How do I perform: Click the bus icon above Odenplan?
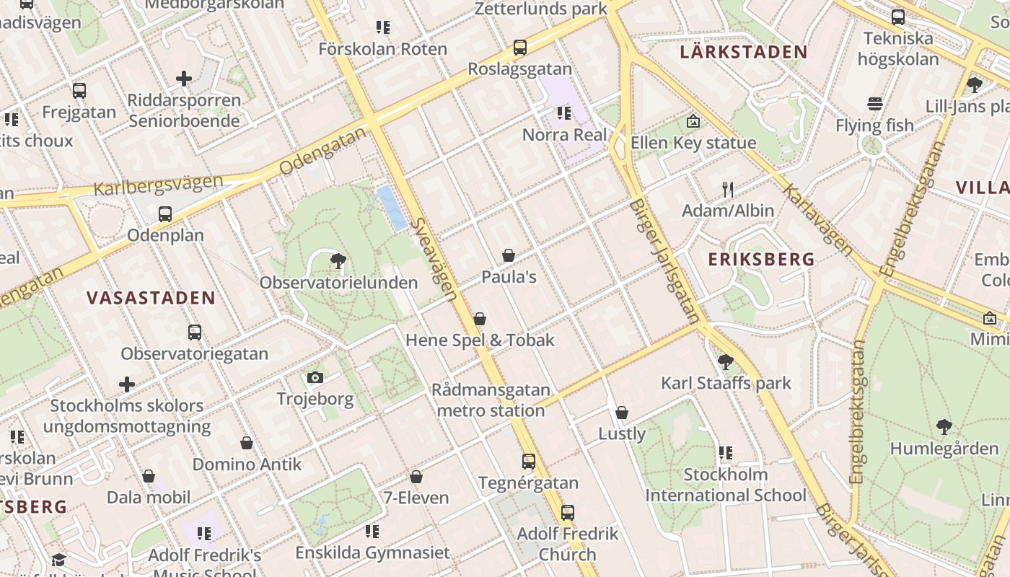pos(165,214)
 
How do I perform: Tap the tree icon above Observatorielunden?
pos(337,261)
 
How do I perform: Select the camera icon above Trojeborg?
pos(315,377)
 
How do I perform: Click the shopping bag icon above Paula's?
pos(509,255)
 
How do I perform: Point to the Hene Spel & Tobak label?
pos(480,340)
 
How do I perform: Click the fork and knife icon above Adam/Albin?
pos(728,190)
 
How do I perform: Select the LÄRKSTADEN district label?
pos(744,52)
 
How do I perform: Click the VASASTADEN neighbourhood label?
pos(151,298)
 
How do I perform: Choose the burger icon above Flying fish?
pos(875,104)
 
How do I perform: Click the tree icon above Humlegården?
pos(944,427)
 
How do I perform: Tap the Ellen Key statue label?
pos(693,143)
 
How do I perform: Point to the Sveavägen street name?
pos(435,259)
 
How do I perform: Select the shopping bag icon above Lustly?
pos(622,413)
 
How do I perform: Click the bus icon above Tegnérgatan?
pos(529,462)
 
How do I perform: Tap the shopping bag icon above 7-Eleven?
pos(416,477)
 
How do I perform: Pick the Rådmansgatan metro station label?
pos(491,400)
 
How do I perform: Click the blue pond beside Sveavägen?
pos(392,208)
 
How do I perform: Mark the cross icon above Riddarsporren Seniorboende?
pos(184,78)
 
